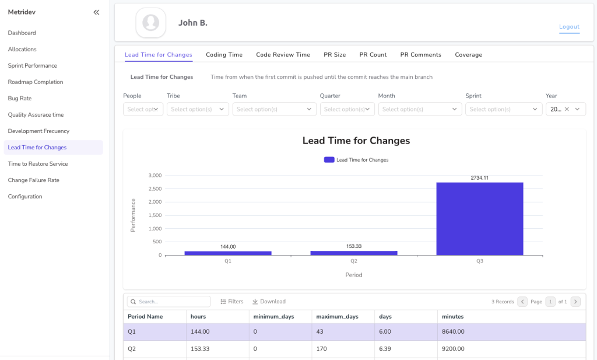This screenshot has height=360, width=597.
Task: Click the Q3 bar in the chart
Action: [x=479, y=219]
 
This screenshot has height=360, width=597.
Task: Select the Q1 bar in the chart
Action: [x=228, y=253]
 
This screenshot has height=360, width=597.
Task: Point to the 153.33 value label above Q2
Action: [x=353, y=246]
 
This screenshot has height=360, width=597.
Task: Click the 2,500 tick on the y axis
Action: [x=154, y=188]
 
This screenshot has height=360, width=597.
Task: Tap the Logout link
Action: [x=569, y=27]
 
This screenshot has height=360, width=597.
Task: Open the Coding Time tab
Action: [x=224, y=55]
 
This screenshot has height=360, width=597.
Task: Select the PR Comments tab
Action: [x=420, y=55]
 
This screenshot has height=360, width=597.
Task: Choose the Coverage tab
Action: [x=468, y=55]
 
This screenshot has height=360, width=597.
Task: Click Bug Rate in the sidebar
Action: [x=20, y=99]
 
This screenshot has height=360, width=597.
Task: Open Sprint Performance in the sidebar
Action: [x=32, y=66]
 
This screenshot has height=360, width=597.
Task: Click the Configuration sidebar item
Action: [x=25, y=197]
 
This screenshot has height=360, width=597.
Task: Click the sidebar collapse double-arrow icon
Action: [x=96, y=12]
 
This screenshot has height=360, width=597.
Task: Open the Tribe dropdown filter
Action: [x=198, y=109]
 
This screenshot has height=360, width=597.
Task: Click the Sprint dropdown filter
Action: [x=504, y=109]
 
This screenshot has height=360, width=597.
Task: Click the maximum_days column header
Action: [x=337, y=317]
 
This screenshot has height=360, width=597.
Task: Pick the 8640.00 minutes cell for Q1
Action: [x=453, y=332]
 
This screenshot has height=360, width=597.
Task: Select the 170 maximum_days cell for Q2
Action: [x=321, y=349]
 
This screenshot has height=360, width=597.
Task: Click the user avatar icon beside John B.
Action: [x=151, y=23]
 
